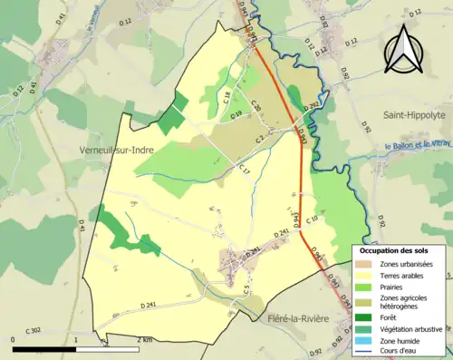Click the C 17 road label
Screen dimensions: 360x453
coord(244,170)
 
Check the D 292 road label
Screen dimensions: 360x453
coord(312,107)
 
